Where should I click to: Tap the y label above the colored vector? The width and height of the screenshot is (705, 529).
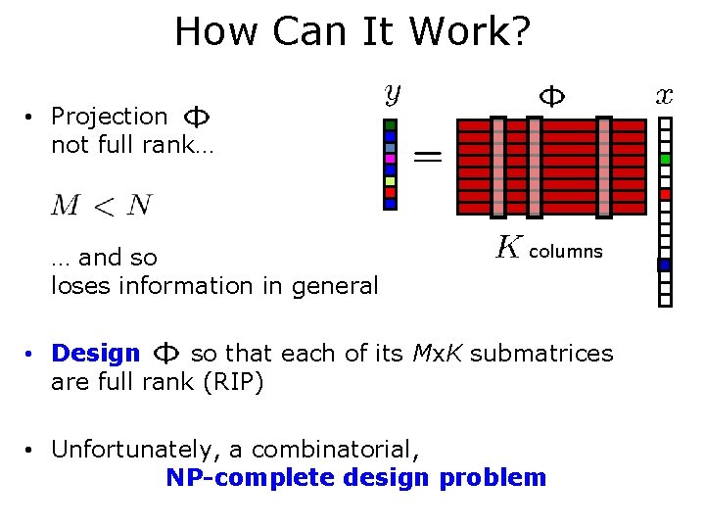(x=391, y=95)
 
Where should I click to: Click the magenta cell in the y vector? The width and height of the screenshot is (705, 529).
(x=390, y=159)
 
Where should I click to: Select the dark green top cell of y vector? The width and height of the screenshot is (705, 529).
(x=390, y=125)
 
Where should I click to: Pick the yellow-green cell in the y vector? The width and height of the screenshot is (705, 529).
(x=390, y=181)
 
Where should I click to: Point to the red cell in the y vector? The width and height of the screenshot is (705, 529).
(x=390, y=192)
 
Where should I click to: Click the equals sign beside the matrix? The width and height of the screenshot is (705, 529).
(x=427, y=155)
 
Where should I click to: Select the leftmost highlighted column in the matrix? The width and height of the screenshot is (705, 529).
(x=498, y=166)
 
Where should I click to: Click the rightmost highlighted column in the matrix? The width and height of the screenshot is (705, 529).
(x=603, y=166)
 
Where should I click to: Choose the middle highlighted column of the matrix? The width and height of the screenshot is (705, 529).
(x=535, y=166)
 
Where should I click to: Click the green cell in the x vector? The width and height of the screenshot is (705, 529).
(x=666, y=159)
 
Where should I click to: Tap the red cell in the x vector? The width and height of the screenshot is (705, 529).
(x=666, y=194)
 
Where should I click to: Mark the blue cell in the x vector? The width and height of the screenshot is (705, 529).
(x=665, y=264)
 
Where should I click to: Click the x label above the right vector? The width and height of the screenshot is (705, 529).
(x=665, y=95)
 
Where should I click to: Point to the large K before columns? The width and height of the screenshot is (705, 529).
(x=507, y=248)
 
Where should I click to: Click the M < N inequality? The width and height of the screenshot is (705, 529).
(x=102, y=205)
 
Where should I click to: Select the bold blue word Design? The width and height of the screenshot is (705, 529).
(x=96, y=353)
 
